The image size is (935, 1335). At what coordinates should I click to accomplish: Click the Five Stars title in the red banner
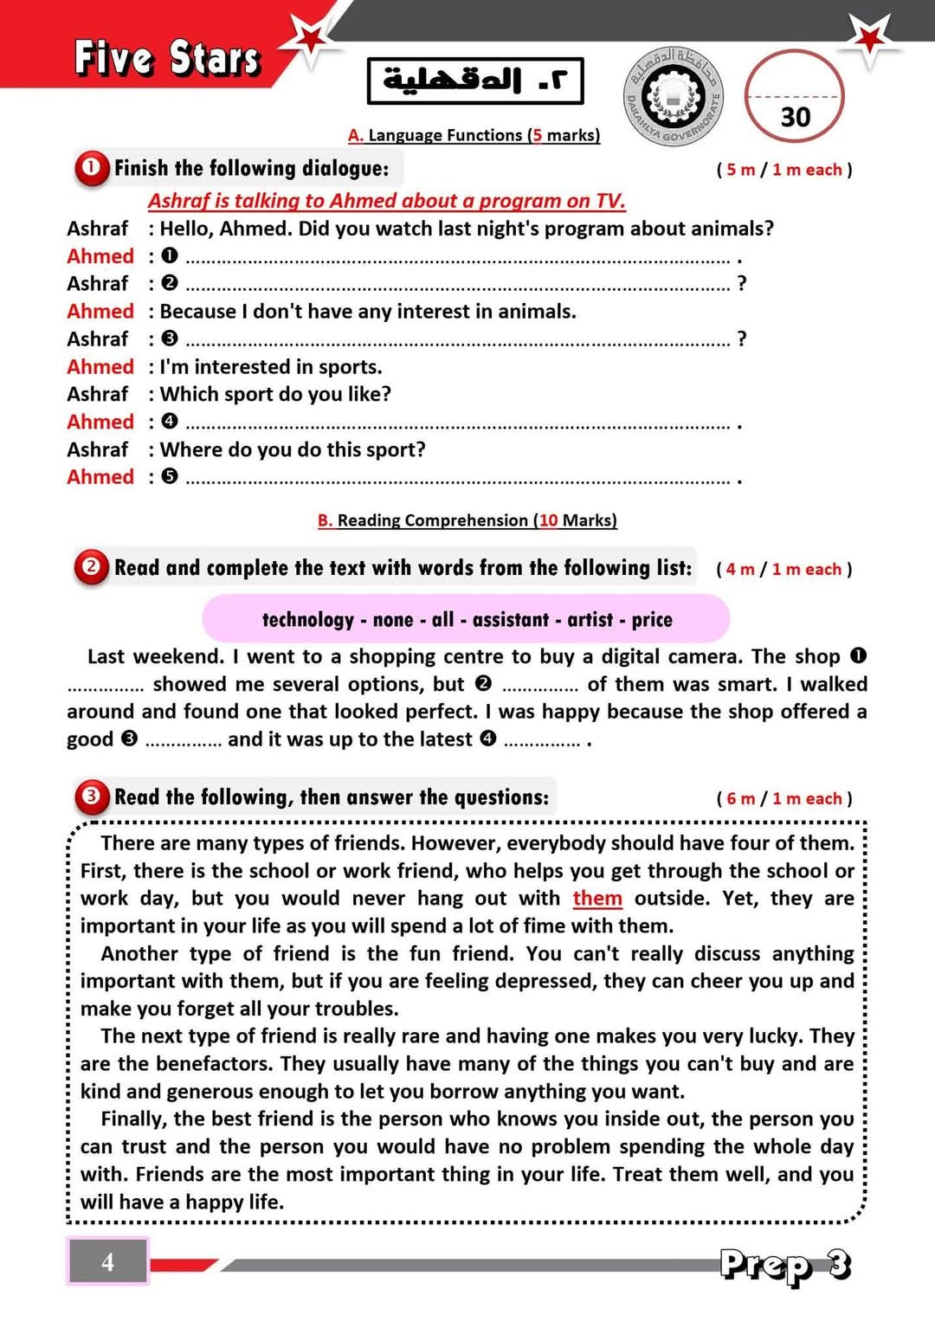(167, 58)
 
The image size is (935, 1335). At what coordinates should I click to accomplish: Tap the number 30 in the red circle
(795, 117)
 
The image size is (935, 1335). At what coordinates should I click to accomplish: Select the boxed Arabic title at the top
(475, 81)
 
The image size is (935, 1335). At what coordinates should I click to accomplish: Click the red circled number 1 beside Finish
(91, 168)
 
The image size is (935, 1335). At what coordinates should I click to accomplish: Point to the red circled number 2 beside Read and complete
(91, 567)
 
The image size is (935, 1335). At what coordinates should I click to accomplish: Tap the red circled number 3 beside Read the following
(91, 796)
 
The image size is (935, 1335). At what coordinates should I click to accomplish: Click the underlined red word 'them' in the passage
(597, 899)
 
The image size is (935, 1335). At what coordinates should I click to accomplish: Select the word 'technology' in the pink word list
(307, 620)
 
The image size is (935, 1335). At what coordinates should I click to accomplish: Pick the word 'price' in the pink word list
(652, 620)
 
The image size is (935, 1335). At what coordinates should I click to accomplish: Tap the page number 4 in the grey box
(107, 1261)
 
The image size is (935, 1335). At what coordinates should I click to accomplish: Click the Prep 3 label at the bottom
(785, 1265)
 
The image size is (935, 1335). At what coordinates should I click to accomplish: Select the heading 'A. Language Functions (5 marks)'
(474, 135)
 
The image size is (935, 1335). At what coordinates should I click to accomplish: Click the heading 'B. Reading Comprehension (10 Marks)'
(467, 520)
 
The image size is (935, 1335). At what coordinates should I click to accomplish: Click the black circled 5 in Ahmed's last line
(170, 476)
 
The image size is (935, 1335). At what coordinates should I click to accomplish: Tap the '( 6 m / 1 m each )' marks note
(784, 798)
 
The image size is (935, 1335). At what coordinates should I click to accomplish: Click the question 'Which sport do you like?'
(275, 395)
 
